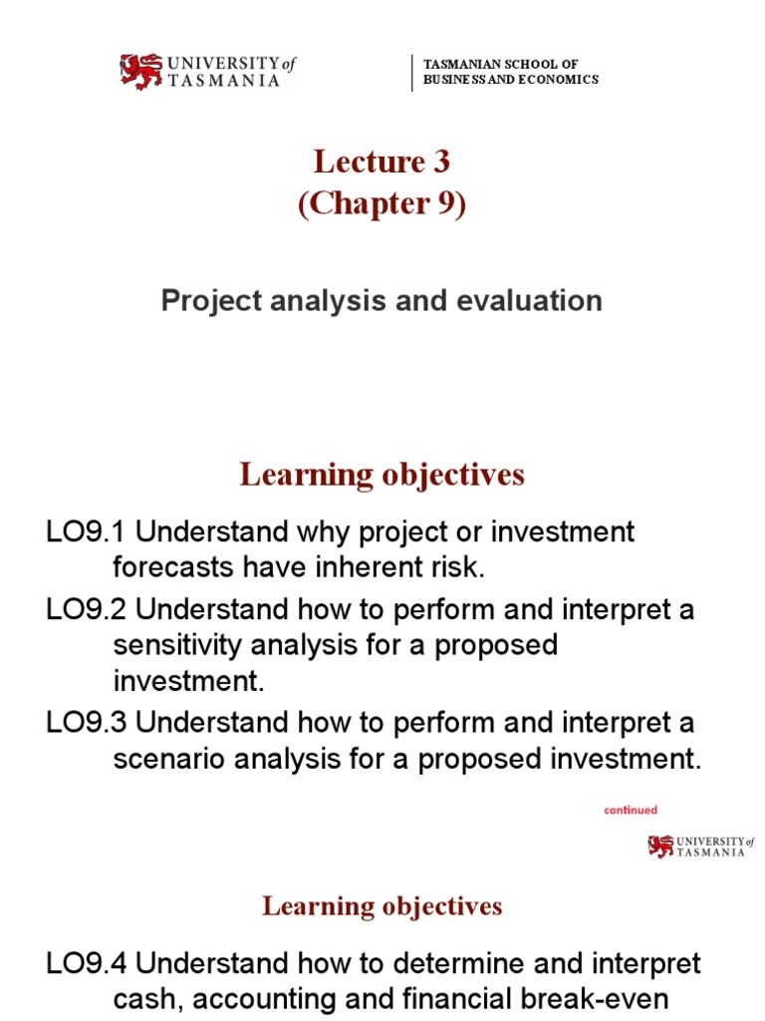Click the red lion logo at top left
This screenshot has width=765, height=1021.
pos(140,72)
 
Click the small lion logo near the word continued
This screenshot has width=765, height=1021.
pos(660,847)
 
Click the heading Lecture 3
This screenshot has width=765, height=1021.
pos(382,162)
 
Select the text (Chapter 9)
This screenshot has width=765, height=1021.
pos(382,204)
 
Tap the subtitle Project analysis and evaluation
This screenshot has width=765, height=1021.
pos(382,301)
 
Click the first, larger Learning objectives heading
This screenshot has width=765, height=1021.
pos(382,476)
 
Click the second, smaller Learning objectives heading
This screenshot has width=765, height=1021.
pos(382,906)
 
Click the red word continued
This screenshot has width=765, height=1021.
pos(631,811)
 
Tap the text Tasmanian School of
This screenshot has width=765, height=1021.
pos(501,64)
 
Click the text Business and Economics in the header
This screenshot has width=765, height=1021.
pos(511,80)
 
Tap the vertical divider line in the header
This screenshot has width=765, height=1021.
pos(412,73)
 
